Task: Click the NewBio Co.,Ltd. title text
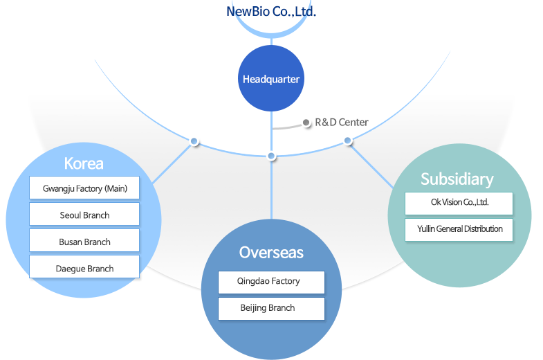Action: point(271,12)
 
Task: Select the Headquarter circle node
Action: point(271,79)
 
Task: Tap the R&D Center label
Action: point(342,123)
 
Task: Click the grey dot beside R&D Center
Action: point(306,123)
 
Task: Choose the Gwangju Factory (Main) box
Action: point(84,188)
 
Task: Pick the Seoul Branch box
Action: point(84,215)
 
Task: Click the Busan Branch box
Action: point(84,242)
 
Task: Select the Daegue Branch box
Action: point(84,268)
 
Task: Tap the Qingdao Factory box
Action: point(271,282)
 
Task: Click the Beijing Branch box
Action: point(271,308)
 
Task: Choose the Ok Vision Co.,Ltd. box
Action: point(459,203)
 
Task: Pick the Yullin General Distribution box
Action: point(459,229)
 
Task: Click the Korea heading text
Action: point(84,163)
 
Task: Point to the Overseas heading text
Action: point(271,252)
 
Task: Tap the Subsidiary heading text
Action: point(457,179)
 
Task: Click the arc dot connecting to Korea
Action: point(194,142)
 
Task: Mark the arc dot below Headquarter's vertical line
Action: point(271,156)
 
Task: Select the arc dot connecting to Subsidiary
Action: point(348,141)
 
